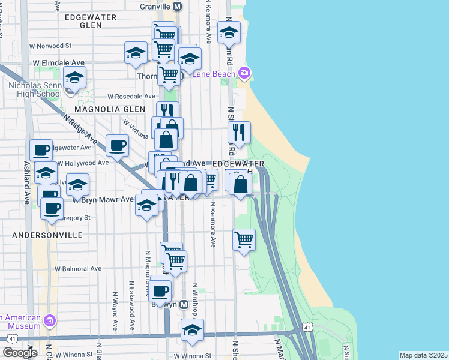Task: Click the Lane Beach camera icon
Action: (x=244, y=73)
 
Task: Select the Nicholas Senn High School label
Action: (x=34, y=89)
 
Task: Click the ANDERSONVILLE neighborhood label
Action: (x=47, y=236)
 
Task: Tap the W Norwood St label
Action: (x=52, y=45)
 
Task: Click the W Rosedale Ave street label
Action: (x=131, y=96)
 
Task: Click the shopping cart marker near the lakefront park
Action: (x=244, y=239)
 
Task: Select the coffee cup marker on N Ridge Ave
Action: (x=117, y=145)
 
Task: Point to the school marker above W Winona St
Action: (x=192, y=329)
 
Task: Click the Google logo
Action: (x=19, y=353)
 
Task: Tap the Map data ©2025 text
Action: (x=423, y=355)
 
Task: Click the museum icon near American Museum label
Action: (x=49, y=322)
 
